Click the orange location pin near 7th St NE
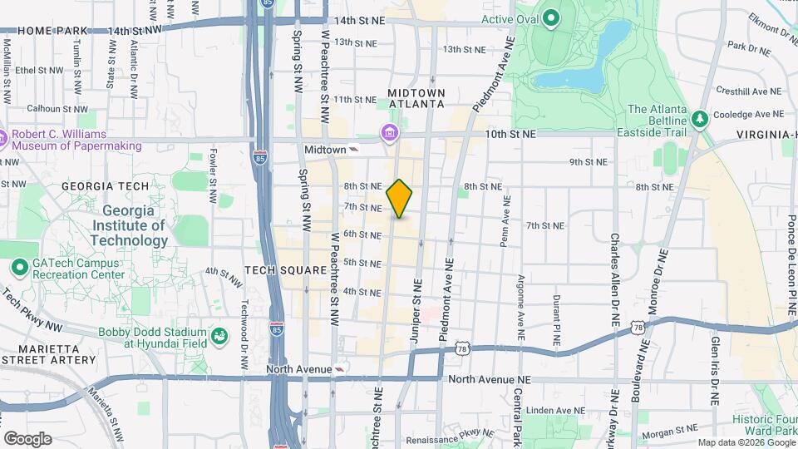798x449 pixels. tap(400, 198)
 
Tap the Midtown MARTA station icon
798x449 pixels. tap(355, 150)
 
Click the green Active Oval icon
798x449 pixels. tap(551, 17)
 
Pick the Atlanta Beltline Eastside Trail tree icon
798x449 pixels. tap(699, 117)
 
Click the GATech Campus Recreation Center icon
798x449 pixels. tap(20, 268)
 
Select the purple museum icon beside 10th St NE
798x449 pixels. tap(389, 133)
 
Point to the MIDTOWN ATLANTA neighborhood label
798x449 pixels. tap(416, 97)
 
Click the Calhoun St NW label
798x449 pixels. tap(55, 108)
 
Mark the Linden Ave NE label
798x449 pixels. tap(569, 410)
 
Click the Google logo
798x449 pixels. tap(27, 438)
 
